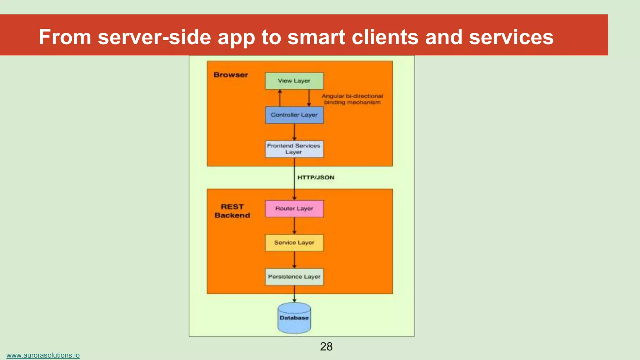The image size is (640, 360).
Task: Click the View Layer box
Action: point(294,81)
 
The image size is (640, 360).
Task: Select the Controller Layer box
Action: point(294,115)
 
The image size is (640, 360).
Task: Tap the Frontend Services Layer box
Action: point(294,149)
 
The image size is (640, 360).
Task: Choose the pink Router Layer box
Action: point(294,209)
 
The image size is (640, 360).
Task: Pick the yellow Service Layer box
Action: point(294,243)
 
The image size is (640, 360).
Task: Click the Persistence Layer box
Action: point(294,277)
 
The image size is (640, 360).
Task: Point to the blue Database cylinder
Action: point(294,318)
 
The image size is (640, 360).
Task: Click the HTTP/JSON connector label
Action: point(316,177)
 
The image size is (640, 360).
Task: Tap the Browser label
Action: point(231,75)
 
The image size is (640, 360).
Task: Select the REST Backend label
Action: point(232,211)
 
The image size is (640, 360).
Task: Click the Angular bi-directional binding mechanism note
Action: point(352,99)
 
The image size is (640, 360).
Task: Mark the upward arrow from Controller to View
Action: point(280,98)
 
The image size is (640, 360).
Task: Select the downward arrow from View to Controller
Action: point(309,98)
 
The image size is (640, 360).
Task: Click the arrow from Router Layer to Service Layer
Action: point(294,226)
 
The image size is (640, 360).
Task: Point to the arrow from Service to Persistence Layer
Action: point(294,260)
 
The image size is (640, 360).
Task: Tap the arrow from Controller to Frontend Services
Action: point(294,132)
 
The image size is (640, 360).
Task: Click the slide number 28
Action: point(326,347)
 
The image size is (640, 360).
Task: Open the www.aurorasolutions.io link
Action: point(43,355)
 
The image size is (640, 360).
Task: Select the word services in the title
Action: point(511,37)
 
